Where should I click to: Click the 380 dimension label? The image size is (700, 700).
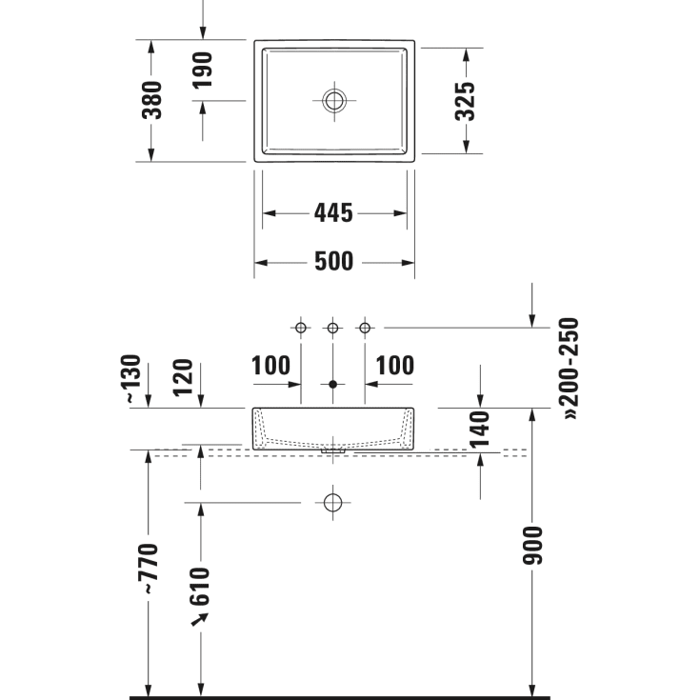pyautogui.click(x=152, y=100)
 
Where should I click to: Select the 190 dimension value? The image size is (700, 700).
pyautogui.click(x=202, y=70)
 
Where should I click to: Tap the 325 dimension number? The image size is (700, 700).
pyautogui.click(x=465, y=101)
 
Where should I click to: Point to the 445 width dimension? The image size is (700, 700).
pyautogui.click(x=333, y=213)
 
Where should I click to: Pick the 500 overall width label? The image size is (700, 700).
pyautogui.click(x=333, y=261)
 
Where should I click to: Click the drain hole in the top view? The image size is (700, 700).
pyautogui.click(x=334, y=100)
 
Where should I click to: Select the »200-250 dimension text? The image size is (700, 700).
pyautogui.click(x=570, y=369)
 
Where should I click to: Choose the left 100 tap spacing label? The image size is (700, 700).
pyautogui.click(x=270, y=366)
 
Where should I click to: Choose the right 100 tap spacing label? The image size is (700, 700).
pyautogui.click(x=395, y=366)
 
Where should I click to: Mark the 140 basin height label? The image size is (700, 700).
pyautogui.click(x=480, y=429)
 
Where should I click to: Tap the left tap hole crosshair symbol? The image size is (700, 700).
pyautogui.click(x=301, y=329)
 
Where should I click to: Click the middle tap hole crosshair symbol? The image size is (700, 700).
pyautogui.click(x=332, y=329)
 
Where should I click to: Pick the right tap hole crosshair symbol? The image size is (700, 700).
pyautogui.click(x=364, y=329)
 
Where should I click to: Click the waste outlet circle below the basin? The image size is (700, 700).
pyautogui.click(x=332, y=502)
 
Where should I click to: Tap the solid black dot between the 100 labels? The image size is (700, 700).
pyautogui.click(x=332, y=385)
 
